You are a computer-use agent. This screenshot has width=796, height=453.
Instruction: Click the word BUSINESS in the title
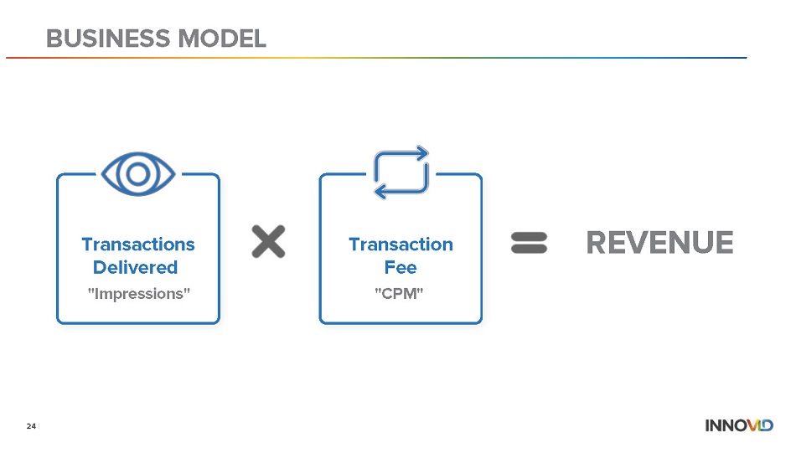[x=108, y=39]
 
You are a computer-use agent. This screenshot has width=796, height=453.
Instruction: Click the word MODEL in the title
[x=222, y=39]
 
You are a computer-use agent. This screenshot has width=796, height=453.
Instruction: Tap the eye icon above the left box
[x=138, y=174]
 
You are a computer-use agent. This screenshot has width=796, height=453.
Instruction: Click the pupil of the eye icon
[x=138, y=174]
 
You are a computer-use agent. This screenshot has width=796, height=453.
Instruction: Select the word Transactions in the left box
[x=138, y=244]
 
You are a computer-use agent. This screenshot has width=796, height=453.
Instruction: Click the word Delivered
[x=135, y=267]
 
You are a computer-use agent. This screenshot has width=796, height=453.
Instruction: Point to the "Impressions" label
[x=138, y=294]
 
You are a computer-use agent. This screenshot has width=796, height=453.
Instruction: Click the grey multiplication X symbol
[x=269, y=241]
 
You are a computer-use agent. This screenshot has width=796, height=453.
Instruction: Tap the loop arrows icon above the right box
[x=401, y=172]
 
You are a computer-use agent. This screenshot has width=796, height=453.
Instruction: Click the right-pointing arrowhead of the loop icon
[x=422, y=153]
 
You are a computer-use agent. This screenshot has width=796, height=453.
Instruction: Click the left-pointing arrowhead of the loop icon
[x=380, y=192]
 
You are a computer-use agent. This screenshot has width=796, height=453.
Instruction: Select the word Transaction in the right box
[x=401, y=244]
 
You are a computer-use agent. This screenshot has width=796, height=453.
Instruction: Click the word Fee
[x=401, y=267]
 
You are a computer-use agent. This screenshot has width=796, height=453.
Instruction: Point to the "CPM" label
[x=399, y=294]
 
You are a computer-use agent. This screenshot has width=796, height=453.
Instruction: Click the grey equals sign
[x=529, y=243]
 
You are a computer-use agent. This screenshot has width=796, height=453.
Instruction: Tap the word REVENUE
[x=660, y=243]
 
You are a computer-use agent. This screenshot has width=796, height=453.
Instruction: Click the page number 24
[x=31, y=426]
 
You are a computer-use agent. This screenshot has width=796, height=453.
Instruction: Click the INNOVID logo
[x=739, y=425]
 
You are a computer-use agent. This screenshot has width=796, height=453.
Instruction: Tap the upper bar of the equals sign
[x=529, y=236]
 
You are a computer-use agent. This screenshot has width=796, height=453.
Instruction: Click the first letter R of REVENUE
[x=597, y=243]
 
